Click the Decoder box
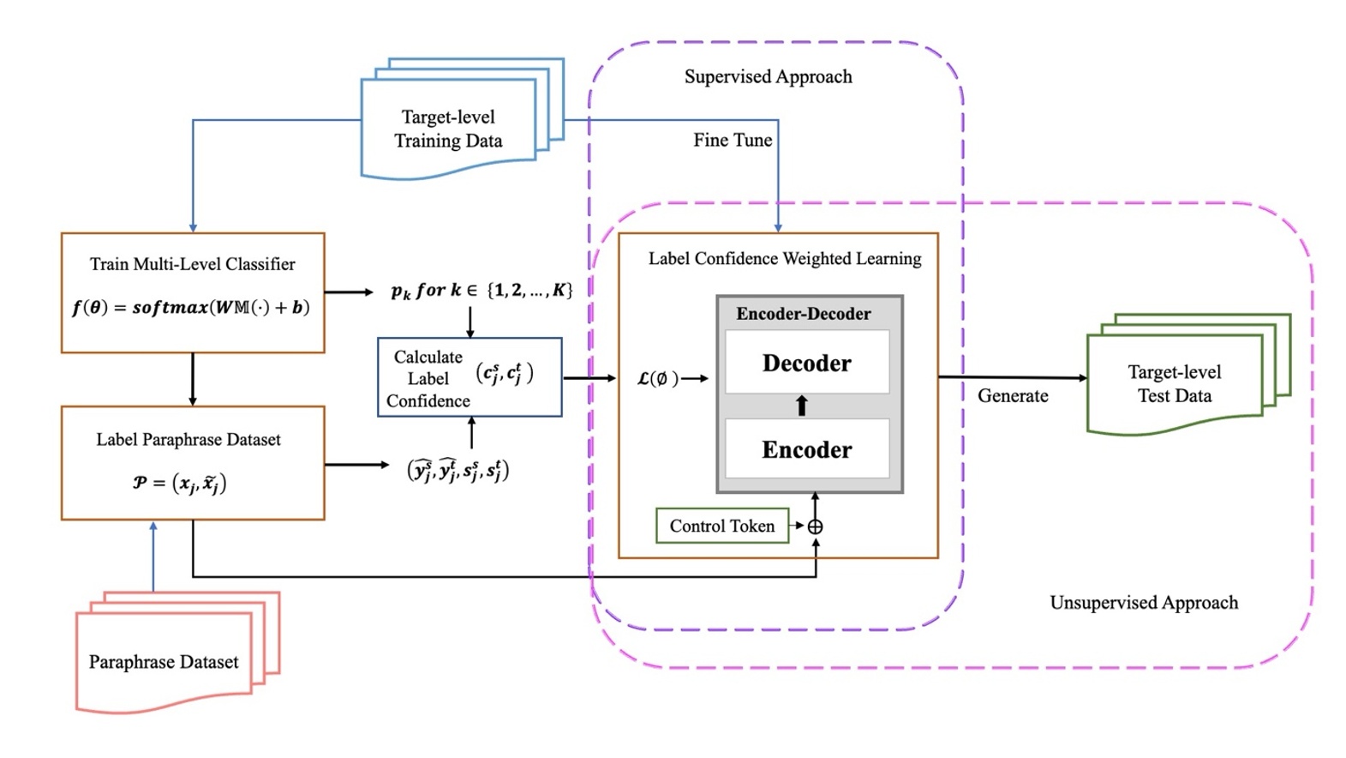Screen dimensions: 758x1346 [x=807, y=363]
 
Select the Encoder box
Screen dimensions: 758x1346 [x=807, y=449]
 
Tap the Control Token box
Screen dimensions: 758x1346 [x=721, y=526]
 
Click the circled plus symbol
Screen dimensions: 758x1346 [x=815, y=526]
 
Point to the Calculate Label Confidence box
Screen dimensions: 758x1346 [x=470, y=377]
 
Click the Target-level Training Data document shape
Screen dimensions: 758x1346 [x=448, y=129]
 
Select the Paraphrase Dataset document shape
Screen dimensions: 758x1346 [x=164, y=661]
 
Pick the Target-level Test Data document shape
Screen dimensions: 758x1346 [x=1175, y=383]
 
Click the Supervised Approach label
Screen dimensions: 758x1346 [x=768, y=76]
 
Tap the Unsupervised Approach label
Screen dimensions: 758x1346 [x=1144, y=603]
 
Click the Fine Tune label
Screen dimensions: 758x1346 [x=733, y=140]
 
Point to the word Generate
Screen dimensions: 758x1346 [x=1013, y=395]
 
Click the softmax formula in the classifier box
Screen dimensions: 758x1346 [x=191, y=307]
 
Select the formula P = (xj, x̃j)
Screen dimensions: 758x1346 [x=179, y=483]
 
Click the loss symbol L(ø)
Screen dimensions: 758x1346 [x=658, y=378]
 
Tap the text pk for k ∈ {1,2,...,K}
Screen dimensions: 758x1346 [x=482, y=290]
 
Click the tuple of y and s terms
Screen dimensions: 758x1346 [x=458, y=470]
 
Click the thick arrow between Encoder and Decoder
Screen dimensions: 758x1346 [x=802, y=406]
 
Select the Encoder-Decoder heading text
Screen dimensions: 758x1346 [x=803, y=314]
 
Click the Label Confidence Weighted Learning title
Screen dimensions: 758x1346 [x=785, y=258]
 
